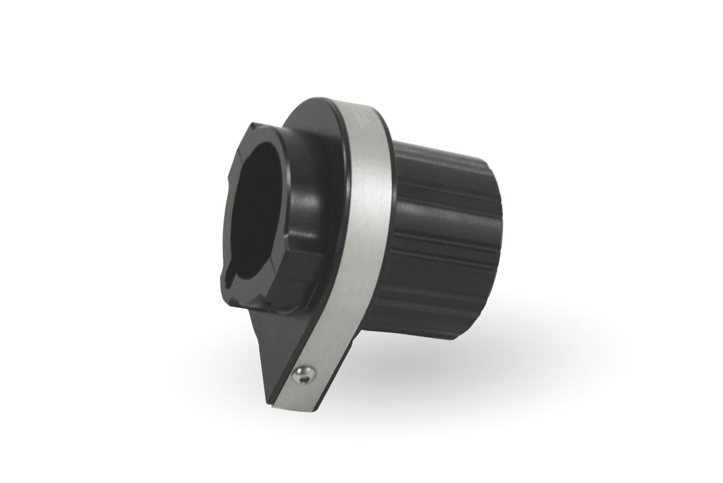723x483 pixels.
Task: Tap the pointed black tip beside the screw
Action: [270, 398]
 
